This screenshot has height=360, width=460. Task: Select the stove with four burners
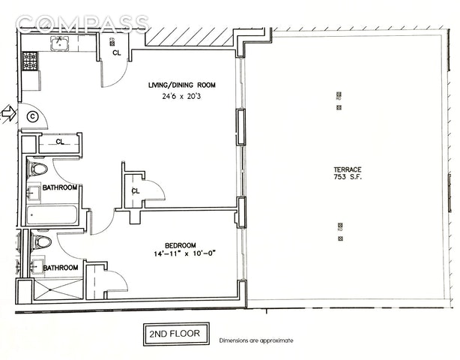(30, 61)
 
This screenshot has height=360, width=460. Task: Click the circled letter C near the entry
(32, 115)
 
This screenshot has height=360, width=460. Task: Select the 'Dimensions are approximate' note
(256, 340)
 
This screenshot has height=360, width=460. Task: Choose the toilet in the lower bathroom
(42, 241)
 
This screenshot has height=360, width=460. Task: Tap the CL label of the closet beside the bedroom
(136, 190)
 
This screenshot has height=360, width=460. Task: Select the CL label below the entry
(60, 141)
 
